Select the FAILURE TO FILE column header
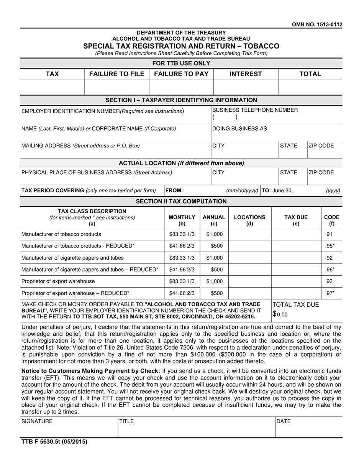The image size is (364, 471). click(116, 74)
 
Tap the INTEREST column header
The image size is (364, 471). click(245, 74)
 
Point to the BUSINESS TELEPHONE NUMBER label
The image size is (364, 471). click(255, 110)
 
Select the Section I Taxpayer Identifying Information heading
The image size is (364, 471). click(181, 100)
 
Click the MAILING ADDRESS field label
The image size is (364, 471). click(80, 146)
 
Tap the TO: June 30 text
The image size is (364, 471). click(277, 190)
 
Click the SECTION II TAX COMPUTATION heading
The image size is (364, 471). click(181, 201)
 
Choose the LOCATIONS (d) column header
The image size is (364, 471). click(249, 220)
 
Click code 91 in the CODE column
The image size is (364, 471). click(329, 234)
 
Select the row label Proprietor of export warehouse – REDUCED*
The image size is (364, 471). click(75, 293)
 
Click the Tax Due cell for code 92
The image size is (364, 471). click(296, 258)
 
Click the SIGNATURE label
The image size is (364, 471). click(37, 422)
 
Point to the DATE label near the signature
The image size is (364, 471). click(284, 422)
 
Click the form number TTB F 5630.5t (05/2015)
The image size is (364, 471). click(54, 442)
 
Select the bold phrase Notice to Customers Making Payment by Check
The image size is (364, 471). click(90, 371)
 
